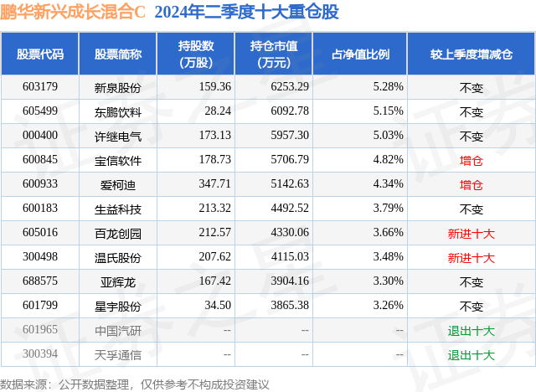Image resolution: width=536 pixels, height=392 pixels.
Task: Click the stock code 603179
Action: point(40,86)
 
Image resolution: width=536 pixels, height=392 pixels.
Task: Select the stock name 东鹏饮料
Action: point(118,111)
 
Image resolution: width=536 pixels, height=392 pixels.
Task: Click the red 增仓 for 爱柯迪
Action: point(472,184)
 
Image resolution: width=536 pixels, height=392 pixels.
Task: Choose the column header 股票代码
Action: point(40,54)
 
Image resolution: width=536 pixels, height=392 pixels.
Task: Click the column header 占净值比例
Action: point(366,54)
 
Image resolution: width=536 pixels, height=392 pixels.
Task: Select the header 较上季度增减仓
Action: point(472,54)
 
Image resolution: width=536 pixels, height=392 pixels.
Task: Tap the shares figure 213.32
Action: point(214,209)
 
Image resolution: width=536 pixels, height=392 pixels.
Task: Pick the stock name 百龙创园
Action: point(118,233)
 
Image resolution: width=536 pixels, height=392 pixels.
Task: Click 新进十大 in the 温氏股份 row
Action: point(472,258)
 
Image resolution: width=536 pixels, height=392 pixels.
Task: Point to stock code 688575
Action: point(40,281)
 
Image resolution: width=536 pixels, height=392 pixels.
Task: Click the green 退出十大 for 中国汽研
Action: point(472,331)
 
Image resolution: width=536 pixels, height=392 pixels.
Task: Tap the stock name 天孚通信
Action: point(118,354)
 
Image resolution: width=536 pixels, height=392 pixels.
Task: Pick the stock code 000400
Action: point(40,135)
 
